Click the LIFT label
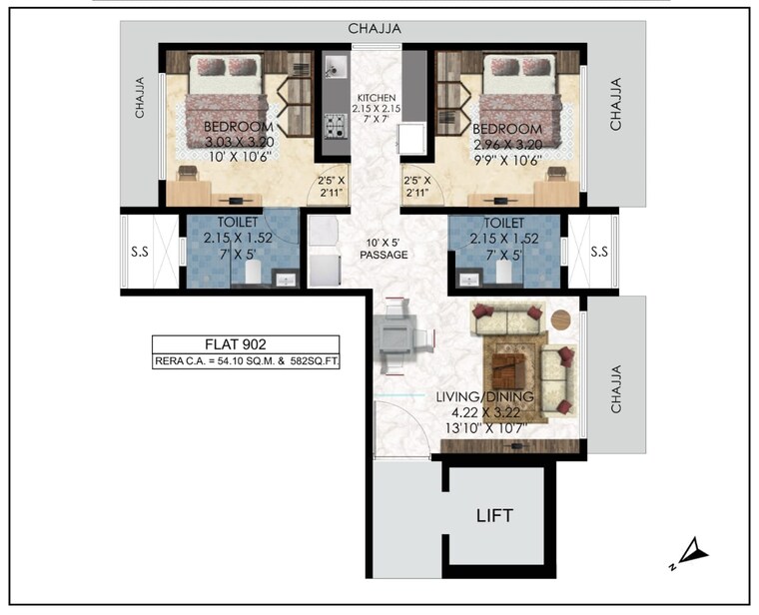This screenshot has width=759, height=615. click(x=494, y=515)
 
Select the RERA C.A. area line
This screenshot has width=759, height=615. click(x=247, y=362)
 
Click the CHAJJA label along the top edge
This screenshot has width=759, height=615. click(x=375, y=30)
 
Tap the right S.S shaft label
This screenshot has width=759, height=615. click(x=598, y=253)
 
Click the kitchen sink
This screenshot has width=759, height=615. click(x=335, y=68)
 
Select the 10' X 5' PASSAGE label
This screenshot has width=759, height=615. click(x=383, y=248)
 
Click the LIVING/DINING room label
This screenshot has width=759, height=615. click(x=484, y=397)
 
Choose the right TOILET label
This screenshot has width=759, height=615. click(x=503, y=224)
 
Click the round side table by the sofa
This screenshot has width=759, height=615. click(x=561, y=320)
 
